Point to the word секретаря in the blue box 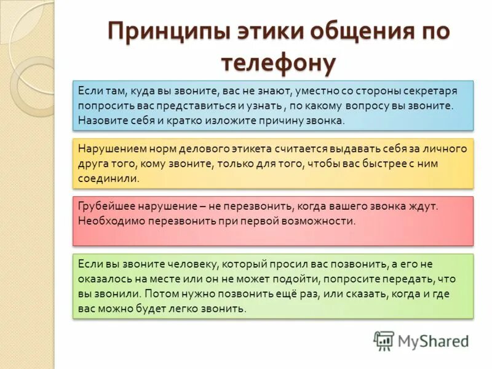[430, 91]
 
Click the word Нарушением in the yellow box [106, 149]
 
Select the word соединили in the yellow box [108, 178]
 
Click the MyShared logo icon [384, 341]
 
